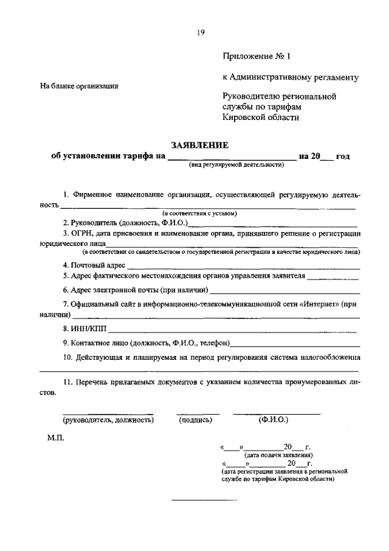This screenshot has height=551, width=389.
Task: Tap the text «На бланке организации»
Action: click(79, 86)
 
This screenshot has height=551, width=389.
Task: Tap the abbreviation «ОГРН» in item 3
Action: click(82, 233)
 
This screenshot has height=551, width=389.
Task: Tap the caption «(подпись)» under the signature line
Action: click(194, 419)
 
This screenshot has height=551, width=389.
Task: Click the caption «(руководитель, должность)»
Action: click(108, 419)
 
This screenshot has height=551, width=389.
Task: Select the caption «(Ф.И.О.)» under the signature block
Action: click(274, 419)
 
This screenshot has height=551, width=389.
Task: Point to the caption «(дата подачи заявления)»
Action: click(278, 455)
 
